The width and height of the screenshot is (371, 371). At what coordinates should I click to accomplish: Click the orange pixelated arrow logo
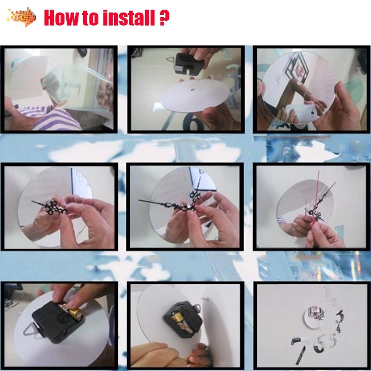[22, 17]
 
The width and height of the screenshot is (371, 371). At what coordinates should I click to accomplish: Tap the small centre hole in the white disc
[192, 90]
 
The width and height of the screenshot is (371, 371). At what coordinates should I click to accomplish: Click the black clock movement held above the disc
[189, 64]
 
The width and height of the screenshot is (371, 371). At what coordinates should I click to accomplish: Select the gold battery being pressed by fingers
[72, 310]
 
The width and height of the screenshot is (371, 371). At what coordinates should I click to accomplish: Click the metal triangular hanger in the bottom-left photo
[31, 329]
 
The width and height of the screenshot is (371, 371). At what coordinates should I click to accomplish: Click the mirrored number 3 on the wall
[339, 316]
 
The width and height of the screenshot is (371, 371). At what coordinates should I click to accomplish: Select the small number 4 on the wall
[339, 329]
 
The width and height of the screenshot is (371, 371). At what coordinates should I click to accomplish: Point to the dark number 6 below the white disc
[193, 121]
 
